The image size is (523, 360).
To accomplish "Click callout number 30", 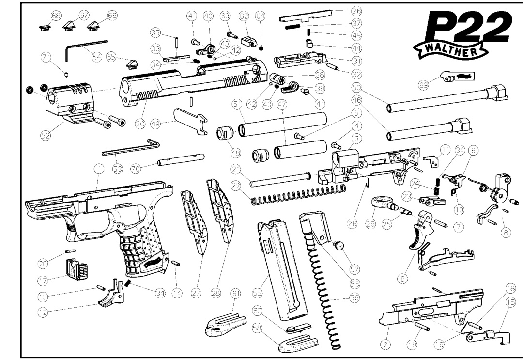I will [x=140, y=124].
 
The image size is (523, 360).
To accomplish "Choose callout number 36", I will [x=357, y=10].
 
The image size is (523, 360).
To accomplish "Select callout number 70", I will [x=136, y=169].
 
